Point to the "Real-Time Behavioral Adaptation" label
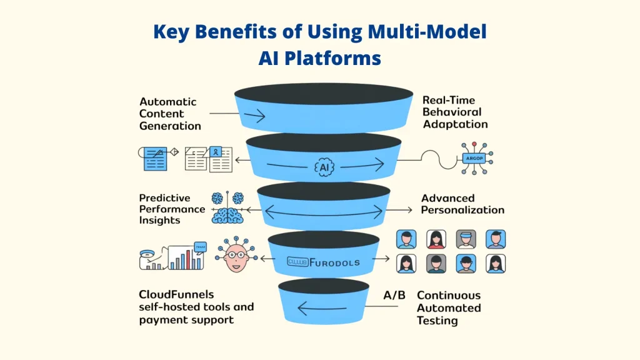(x=455, y=112)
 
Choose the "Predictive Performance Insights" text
(x=172, y=209)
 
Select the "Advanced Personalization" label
(x=462, y=204)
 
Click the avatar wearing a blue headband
(x=466, y=239)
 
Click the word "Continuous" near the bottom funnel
(x=449, y=295)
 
